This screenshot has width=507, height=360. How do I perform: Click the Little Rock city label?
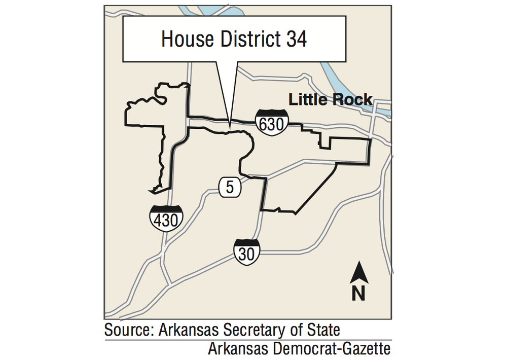click(331, 100)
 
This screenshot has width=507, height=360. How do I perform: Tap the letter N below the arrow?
click(359, 293)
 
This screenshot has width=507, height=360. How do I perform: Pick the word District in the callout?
click(246, 39)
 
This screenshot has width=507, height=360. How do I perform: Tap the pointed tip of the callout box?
click(230, 124)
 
